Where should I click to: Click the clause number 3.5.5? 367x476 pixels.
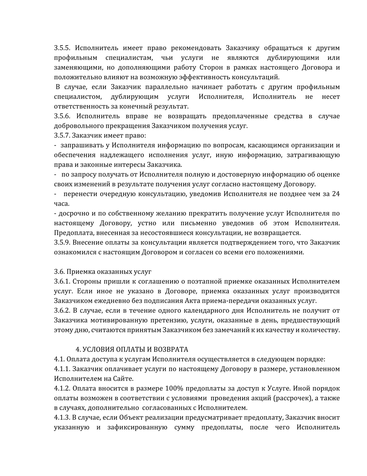62,48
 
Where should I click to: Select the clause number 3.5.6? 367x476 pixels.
62,116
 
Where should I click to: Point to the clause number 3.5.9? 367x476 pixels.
62,243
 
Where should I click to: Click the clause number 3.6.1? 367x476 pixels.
62,281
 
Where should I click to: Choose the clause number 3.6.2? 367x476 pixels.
62,310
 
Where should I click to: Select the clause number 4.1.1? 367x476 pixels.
62,369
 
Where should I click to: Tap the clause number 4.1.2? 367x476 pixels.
62,389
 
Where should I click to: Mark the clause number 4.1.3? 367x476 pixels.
62,418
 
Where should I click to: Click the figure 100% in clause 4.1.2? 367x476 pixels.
174,389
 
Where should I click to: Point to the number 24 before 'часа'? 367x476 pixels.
336,194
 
